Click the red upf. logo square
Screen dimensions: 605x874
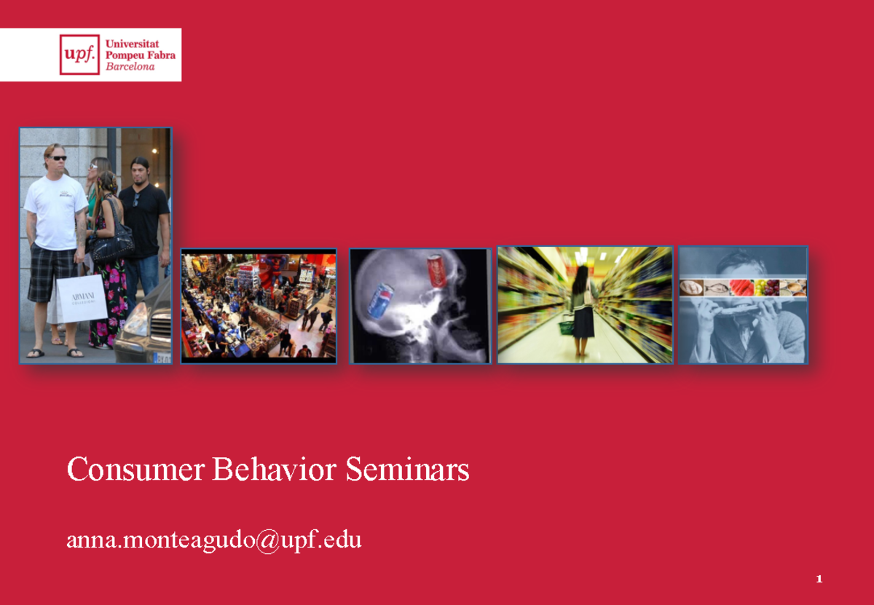coord(79,55)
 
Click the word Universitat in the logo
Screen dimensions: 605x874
coord(133,44)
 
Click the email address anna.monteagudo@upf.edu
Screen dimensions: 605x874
coord(213,540)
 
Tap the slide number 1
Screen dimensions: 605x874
coord(819,580)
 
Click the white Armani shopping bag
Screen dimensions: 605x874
coord(82,298)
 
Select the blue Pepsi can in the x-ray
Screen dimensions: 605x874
coord(380,301)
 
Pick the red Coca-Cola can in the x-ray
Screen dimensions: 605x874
coord(436,271)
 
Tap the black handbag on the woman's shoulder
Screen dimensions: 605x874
coord(112,244)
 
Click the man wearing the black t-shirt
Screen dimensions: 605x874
coord(143,218)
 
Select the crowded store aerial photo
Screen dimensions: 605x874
coord(259,306)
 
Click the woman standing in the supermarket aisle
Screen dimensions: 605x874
coord(583,306)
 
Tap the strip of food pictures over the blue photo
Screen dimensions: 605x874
coord(743,288)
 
